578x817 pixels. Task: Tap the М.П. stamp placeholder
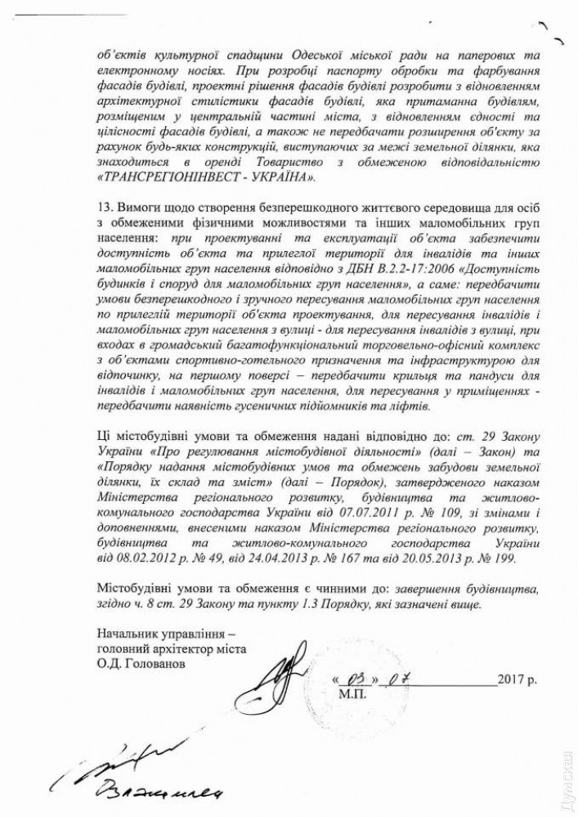(352, 694)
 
